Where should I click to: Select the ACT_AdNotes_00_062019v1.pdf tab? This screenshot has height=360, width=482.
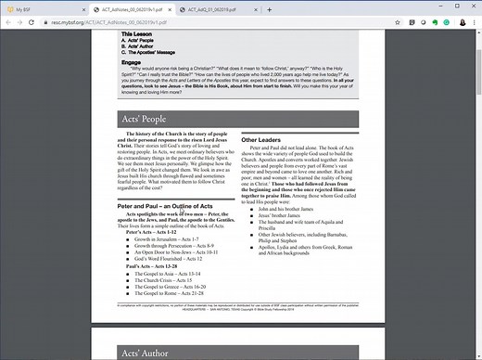click(x=110, y=8)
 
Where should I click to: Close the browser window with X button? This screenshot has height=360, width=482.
click(x=469, y=8)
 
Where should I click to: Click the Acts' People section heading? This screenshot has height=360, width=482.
click(x=142, y=119)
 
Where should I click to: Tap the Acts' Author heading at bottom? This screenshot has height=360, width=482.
click(x=142, y=352)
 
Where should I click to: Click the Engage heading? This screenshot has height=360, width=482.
click(x=132, y=62)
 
